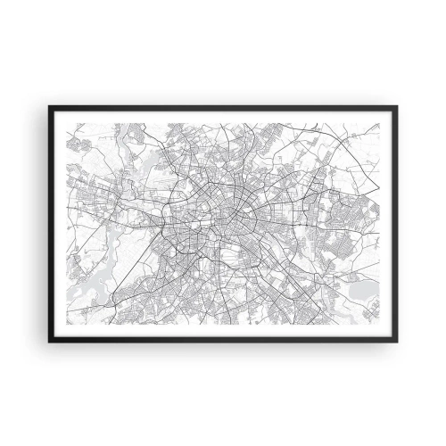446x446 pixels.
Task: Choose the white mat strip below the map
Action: point(223,338)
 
